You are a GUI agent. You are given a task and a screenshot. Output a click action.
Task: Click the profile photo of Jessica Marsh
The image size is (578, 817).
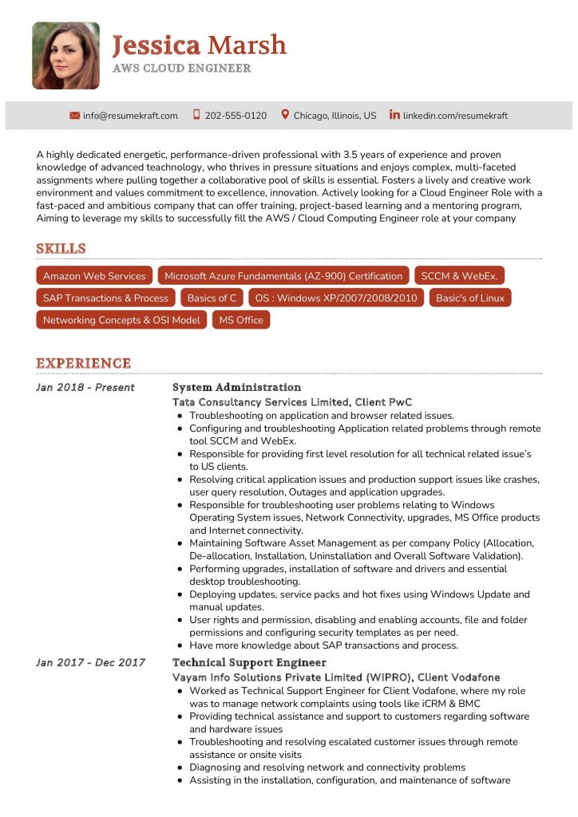coord(65,55)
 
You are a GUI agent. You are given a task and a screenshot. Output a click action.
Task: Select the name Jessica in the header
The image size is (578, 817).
coord(156,45)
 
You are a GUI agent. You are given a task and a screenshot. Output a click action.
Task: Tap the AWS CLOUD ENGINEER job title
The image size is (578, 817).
coord(181,69)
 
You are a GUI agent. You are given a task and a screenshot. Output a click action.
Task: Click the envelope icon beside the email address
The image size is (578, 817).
coord(75,116)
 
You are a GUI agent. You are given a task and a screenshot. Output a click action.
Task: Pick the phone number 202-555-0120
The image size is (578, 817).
coord(236,116)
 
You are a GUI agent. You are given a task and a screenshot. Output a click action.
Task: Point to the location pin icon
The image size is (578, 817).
coord(285,115)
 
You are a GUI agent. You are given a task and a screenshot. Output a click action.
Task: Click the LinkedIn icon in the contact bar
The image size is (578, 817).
coord(394,115)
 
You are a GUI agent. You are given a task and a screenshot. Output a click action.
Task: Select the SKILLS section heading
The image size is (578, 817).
coord(61,249)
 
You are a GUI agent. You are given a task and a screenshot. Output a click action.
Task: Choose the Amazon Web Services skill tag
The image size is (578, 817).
coord(94,276)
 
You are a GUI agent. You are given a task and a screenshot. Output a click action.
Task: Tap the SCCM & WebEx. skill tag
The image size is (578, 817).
coord(459,276)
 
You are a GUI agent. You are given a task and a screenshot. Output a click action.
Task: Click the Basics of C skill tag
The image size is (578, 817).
coord(212,298)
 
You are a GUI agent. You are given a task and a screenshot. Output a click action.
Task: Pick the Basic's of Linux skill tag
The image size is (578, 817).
coord(470,298)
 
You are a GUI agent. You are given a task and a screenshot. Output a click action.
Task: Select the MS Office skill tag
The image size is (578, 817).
coord(241,320)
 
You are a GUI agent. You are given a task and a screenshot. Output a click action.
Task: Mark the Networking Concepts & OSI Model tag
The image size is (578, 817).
coord(121,320)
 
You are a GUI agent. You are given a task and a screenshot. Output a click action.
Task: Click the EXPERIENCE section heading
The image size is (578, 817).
coord(83,364)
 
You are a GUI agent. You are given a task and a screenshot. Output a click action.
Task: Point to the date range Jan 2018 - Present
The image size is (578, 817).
coord(85,388)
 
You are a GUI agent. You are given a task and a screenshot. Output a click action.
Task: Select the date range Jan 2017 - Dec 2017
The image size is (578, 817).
coord(90,662)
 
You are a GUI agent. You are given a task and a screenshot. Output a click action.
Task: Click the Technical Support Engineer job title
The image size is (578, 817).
coord(249,662)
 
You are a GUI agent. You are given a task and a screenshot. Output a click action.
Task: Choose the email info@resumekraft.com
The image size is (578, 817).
coord(130,116)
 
